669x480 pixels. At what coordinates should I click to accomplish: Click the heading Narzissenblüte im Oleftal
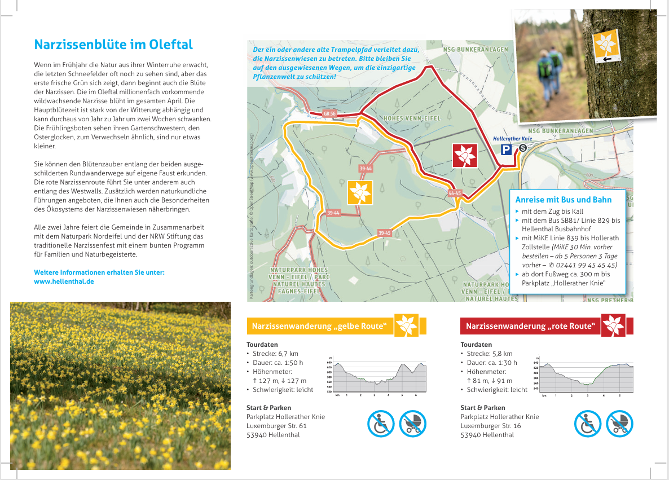point(113,45)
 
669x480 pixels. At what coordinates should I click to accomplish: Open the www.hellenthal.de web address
point(64,281)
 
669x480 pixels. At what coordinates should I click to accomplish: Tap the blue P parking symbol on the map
point(507,149)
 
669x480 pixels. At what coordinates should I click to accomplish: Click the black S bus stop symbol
point(522,148)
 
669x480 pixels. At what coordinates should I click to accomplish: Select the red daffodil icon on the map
point(465,155)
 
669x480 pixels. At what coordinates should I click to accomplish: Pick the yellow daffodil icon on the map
point(360,193)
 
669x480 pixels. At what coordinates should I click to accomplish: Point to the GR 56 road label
point(329,113)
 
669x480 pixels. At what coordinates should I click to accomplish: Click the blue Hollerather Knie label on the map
point(512,138)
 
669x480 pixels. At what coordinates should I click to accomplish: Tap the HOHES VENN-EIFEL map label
point(412,118)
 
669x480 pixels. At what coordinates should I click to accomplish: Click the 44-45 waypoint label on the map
point(455,193)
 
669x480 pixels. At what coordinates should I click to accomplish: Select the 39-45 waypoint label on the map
point(384,233)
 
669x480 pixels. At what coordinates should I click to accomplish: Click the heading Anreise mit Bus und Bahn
point(563,200)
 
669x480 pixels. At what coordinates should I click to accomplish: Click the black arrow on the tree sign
point(608,59)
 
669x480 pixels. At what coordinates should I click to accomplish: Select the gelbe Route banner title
point(319,326)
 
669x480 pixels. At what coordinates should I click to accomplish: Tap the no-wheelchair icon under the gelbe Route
point(381,424)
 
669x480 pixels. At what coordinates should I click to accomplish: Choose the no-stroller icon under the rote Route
point(619,424)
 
